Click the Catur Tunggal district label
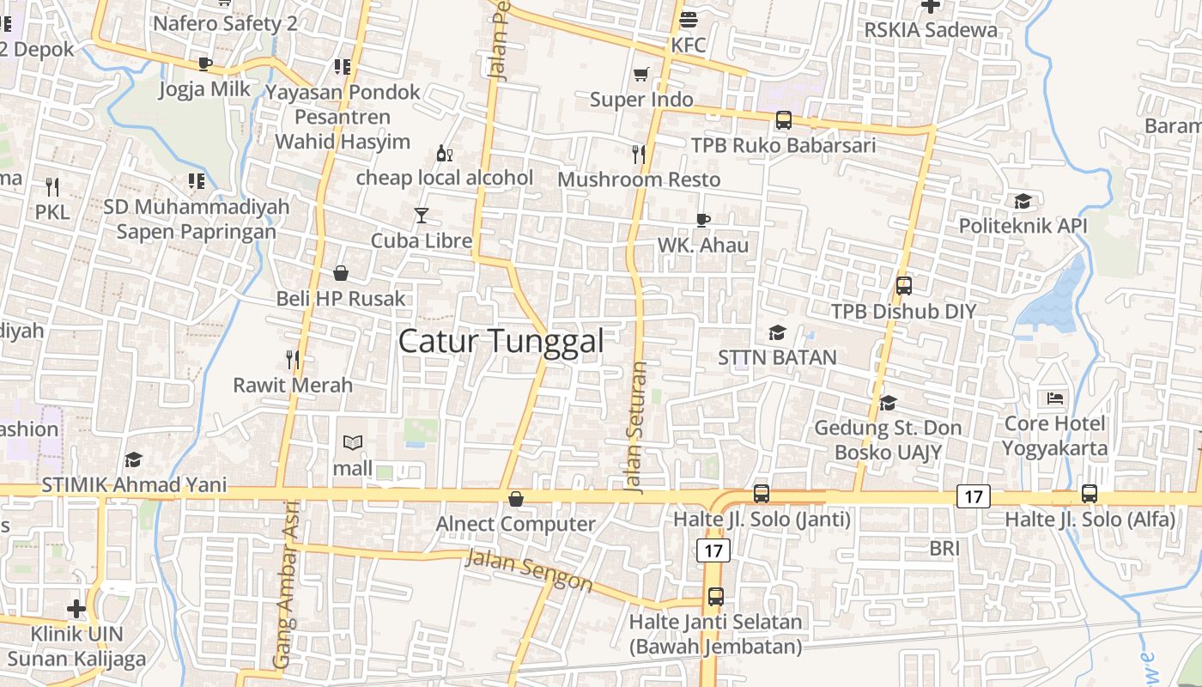[x=501, y=341]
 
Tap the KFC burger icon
[x=689, y=19]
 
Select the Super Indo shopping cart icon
[x=640, y=74]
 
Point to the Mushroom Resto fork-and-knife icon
[x=638, y=154]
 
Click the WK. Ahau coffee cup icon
[x=702, y=220]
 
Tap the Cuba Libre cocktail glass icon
[x=421, y=216]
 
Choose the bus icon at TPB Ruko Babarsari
[x=783, y=120]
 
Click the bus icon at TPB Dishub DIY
[x=903, y=285]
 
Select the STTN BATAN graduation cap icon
[x=777, y=332]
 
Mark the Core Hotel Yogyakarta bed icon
[x=1055, y=398]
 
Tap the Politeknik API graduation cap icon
[x=1023, y=201]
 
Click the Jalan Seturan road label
[x=636, y=427]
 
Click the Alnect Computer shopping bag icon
[x=516, y=499]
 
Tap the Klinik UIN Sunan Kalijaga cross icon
[x=76, y=609]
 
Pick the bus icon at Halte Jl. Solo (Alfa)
[x=1090, y=494]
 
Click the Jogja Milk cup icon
[x=204, y=64]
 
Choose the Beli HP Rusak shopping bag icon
[x=341, y=273]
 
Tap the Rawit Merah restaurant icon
[x=293, y=359]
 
